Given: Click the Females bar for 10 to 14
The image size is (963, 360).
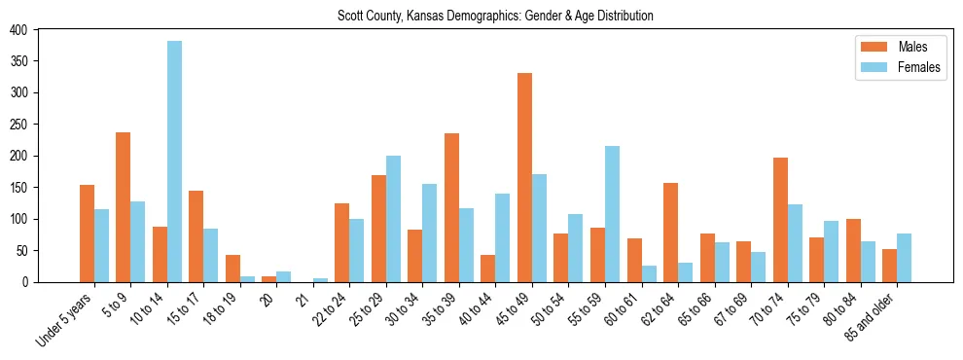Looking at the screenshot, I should coord(174,162).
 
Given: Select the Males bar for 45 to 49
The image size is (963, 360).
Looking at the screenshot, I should coord(524,177).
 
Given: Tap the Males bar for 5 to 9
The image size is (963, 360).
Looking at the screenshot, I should coord(123,207).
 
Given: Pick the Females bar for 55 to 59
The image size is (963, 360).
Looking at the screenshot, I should coord(612,214).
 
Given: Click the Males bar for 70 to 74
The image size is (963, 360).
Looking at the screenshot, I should coord(779,220).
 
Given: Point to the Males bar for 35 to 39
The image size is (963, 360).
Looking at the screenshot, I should coord(451,207).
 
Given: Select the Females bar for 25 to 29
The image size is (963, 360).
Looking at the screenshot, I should coord(393,219).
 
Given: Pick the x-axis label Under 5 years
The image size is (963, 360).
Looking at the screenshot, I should coord(66,317).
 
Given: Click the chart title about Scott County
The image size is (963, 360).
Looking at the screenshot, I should coord(495,17).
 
